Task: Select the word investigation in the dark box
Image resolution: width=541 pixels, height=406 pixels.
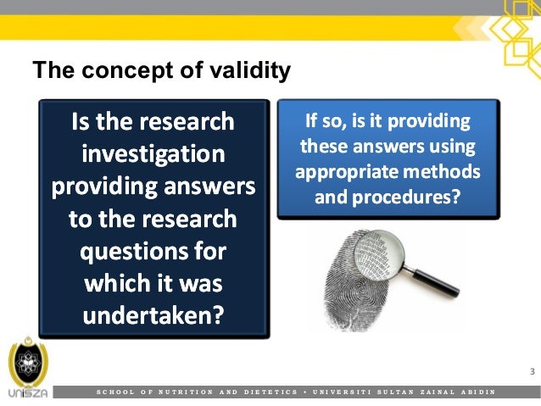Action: coord(153,155)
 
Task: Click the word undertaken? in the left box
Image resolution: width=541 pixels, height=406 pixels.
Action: coord(153,315)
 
